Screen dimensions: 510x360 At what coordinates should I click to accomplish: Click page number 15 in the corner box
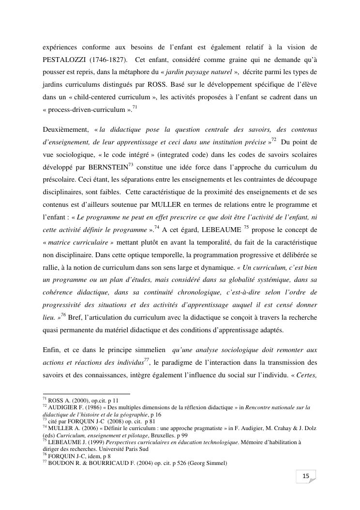[306, 477]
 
